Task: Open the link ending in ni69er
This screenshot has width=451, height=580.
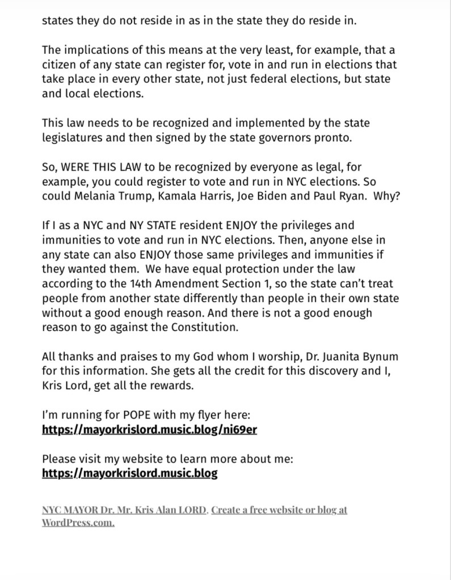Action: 150,429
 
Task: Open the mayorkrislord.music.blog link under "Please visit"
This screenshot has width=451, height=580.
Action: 130,473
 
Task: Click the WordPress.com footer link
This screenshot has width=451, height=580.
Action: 78,522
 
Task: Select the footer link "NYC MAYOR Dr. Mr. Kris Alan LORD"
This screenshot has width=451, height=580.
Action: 125,510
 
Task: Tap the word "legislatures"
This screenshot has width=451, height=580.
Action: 73,137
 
